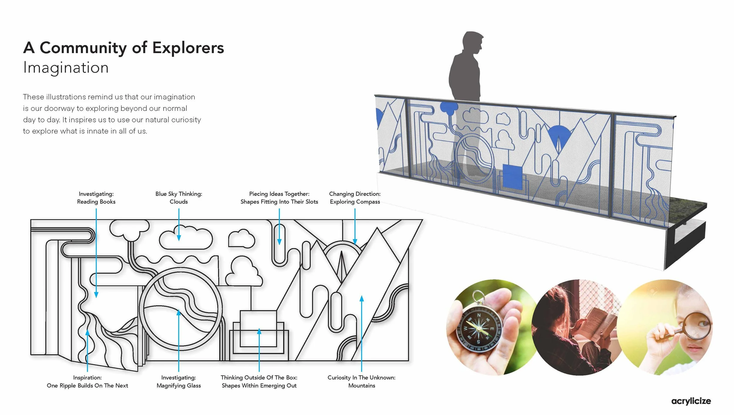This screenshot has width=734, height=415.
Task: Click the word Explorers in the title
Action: point(188,48)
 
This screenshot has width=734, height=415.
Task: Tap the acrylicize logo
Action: point(691,401)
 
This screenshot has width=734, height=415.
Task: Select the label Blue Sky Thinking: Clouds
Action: point(179,198)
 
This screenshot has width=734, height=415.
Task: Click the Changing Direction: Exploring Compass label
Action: point(355,198)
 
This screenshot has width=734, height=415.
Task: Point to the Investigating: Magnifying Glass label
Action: point(179,381)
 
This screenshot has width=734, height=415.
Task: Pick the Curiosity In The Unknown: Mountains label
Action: point(361,381)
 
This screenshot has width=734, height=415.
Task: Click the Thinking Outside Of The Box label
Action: point(259,381)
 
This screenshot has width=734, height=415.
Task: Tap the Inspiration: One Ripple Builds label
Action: point(87,381)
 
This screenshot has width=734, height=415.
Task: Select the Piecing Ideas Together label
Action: point(279,198)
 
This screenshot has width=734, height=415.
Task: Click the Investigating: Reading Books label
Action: point(96,198)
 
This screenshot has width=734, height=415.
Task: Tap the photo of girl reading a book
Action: point(577,327)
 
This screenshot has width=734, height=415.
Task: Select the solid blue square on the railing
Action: point(512,177)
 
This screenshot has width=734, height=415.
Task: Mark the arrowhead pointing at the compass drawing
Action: point(355,242)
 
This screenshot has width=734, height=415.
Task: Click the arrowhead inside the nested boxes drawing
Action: point(259,331)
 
